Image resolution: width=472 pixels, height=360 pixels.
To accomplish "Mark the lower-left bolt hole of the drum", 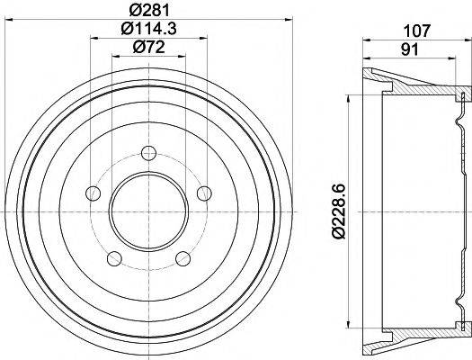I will click(112, 258).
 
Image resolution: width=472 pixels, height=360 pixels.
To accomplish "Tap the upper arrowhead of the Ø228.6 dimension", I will click(345, 96).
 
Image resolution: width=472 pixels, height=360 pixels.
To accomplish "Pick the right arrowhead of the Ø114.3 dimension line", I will click(204, 37).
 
